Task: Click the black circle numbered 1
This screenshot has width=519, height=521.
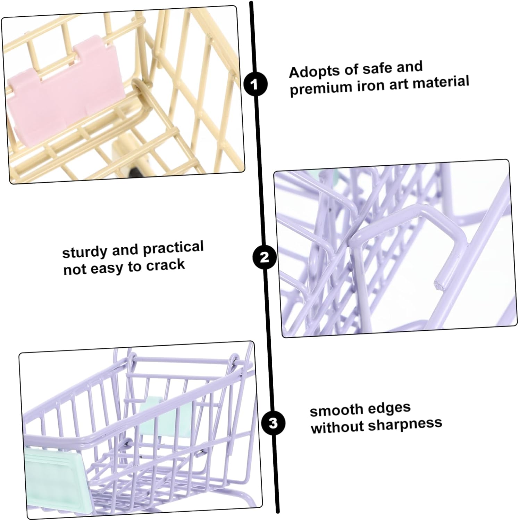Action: click(x=256, y=84)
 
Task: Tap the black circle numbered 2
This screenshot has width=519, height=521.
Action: click(x=265, y=257)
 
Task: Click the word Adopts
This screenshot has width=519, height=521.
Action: click(x=315, y=71)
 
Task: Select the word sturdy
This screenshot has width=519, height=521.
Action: click(x=85, y=253)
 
